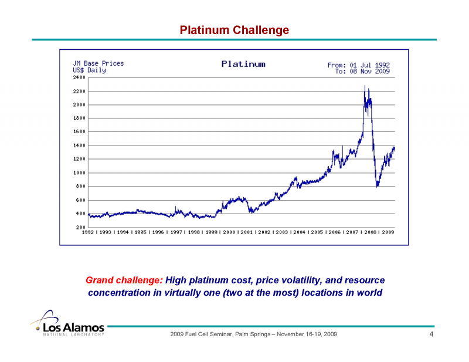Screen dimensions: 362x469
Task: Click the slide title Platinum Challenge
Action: [x=234, y=30]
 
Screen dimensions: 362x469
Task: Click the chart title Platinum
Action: [x=243, y=64]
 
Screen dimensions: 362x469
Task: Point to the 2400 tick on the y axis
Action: [x=79, y=77]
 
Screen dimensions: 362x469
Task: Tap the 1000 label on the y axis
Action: [x=79, y=173]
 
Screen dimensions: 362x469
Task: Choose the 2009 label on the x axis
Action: [x=387, y=232]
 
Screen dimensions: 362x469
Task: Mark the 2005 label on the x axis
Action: [x=317, y=232]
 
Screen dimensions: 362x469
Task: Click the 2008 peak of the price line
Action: [x=365, y=86]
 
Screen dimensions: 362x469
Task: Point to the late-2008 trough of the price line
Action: [x=378, y=185]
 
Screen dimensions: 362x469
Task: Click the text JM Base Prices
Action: [x=98, y=63]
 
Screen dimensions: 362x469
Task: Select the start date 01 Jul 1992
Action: [x=370, y=65]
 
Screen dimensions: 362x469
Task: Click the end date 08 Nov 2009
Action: [x=370, y=71]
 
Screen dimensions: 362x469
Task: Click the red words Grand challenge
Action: [x=124, y=280]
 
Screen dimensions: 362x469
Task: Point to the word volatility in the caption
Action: [x=291, y=280]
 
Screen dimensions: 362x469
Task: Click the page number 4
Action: [x=431, y=334]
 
